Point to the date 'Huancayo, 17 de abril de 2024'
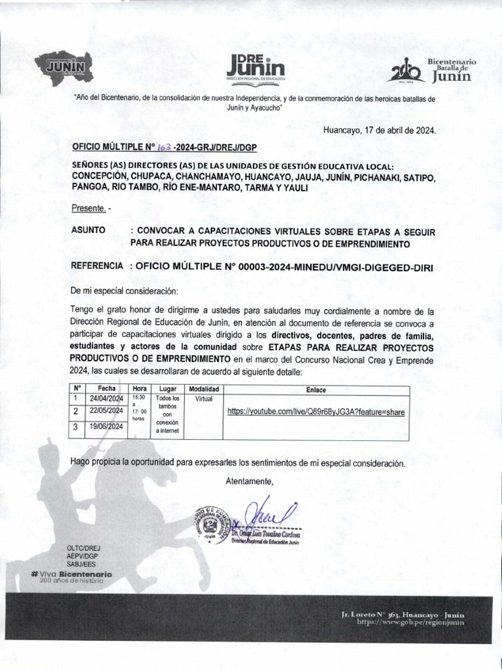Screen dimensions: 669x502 [379, 130]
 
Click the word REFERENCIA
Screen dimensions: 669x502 [97, 267]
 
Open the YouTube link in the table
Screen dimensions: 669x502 [316, 412]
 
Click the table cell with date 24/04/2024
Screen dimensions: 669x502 [107, 399]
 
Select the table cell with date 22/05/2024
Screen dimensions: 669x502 [107, 411]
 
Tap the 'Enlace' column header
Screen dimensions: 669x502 [316, 389]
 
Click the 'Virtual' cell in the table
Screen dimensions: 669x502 [203, 399]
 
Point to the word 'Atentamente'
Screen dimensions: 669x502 [249, 481]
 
